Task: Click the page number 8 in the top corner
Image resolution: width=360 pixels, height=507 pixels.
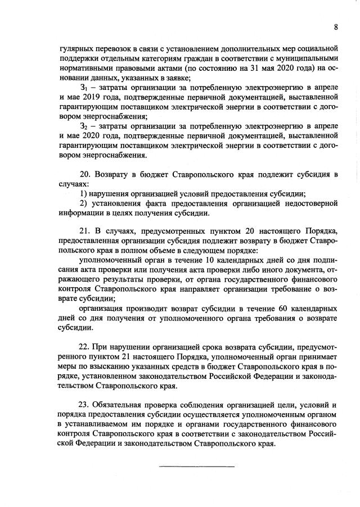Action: click(x=335, y=27)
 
